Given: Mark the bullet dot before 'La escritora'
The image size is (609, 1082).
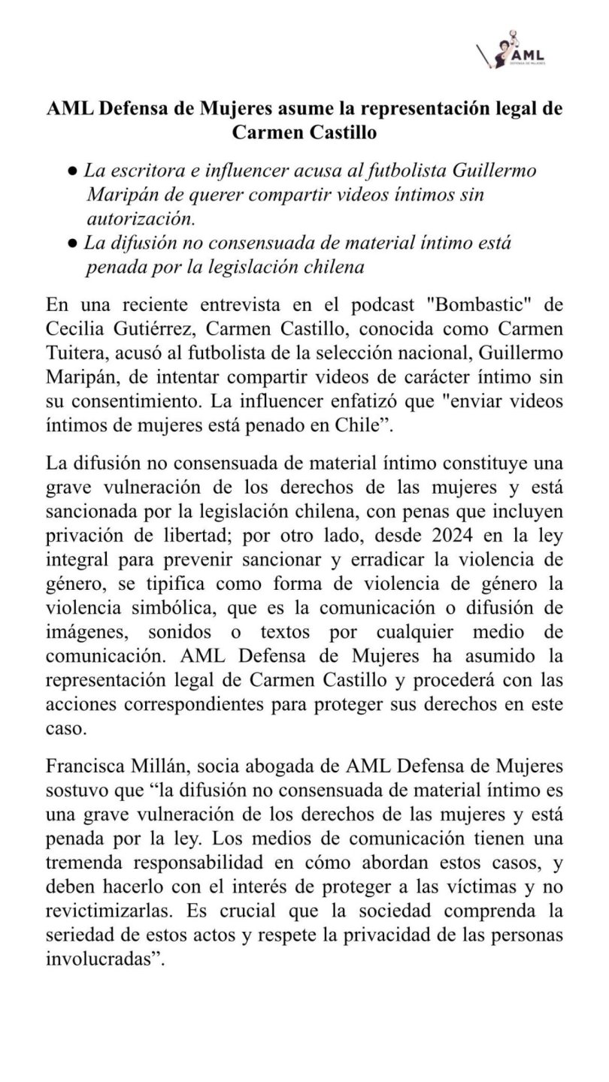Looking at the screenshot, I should pyautogui.click(x=71, y=171).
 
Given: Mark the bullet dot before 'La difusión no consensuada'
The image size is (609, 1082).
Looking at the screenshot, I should pyautogui.click(x=71, y=243).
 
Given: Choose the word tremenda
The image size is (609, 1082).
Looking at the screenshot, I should pyautogui.click(x=83, y=830).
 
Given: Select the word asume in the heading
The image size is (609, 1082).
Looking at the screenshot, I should pyautogui.click(x=303, y=108).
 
